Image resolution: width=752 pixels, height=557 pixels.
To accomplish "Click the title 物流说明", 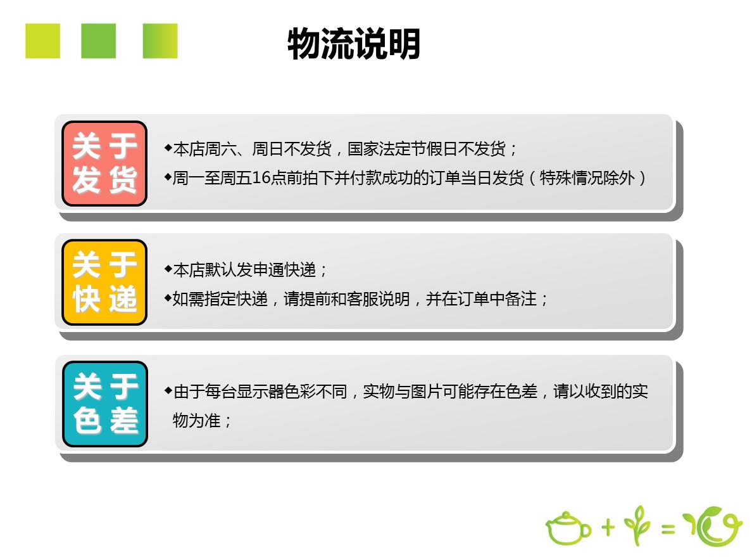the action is click(353, 44).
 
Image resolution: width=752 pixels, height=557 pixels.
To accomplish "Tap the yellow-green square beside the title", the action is click(42, 41).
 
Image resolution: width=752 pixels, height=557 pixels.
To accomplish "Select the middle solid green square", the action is click(98, 41).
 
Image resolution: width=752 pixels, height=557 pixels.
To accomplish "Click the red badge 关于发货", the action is click(104, 163).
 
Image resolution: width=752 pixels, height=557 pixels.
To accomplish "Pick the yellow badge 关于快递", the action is click(104, 283).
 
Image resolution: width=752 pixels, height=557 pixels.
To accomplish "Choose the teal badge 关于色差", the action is click(105, 404).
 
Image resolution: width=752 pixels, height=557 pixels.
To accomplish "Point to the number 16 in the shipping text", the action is click(261, 177).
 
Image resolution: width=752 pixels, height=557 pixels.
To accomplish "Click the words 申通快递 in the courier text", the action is click(284, 270).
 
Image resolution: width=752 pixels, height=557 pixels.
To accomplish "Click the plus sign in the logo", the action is click(608, 527).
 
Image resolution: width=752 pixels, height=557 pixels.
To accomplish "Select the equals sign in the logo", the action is click(668, 528).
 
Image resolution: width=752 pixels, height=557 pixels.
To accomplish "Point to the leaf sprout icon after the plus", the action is click(637, 525).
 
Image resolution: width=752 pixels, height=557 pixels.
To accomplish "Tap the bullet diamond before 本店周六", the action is click(168, 148).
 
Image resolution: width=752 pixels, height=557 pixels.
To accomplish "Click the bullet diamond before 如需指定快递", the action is click(168, 298).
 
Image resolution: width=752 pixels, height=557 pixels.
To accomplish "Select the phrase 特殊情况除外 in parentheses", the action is click(587, 177).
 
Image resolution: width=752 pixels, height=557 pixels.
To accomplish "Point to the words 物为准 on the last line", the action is click(197, 421).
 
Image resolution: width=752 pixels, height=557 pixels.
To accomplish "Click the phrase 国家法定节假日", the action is click(403, 149).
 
